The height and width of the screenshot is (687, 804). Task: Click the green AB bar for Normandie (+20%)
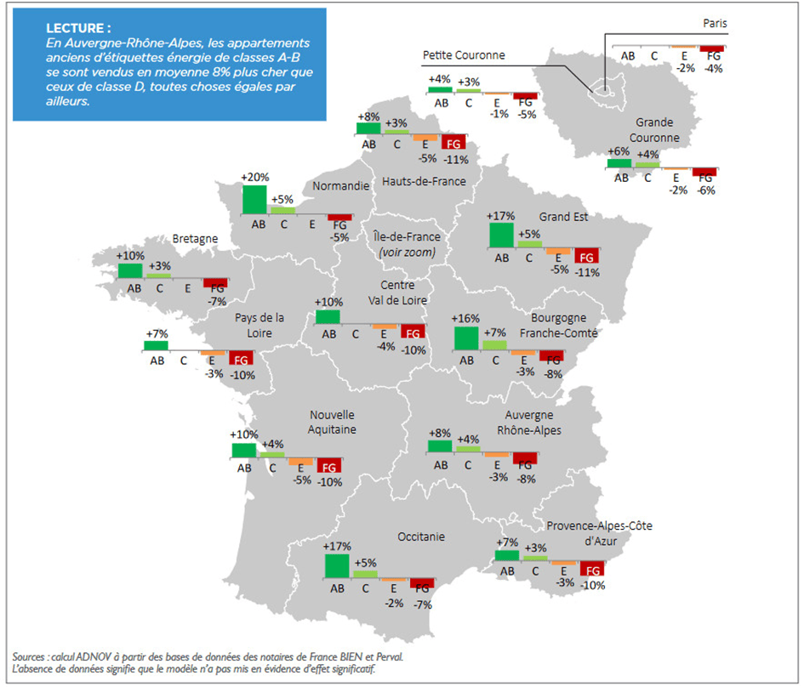tap(254, 199)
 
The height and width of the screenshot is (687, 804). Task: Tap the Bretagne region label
tap(195, 240)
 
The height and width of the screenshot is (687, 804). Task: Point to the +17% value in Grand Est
tap(501, 216)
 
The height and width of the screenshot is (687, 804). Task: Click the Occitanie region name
tap(421, 537)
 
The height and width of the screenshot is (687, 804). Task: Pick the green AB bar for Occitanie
tap(337, 565)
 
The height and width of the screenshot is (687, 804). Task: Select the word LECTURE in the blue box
tap(78, 28)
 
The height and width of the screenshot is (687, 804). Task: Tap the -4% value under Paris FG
tap(713, 69)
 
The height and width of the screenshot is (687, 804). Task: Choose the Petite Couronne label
tap(464, 55)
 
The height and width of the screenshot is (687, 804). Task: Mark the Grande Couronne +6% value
tap(619, 150)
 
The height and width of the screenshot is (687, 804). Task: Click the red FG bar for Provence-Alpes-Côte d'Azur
tap(592, 570)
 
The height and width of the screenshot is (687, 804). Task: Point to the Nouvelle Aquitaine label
tap(333, 422)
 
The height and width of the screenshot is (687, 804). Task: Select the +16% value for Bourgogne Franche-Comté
tap(465, 319)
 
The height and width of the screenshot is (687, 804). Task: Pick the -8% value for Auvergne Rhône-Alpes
tap(527, 479)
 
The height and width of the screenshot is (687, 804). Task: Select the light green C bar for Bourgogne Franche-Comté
tap(493, 344)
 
